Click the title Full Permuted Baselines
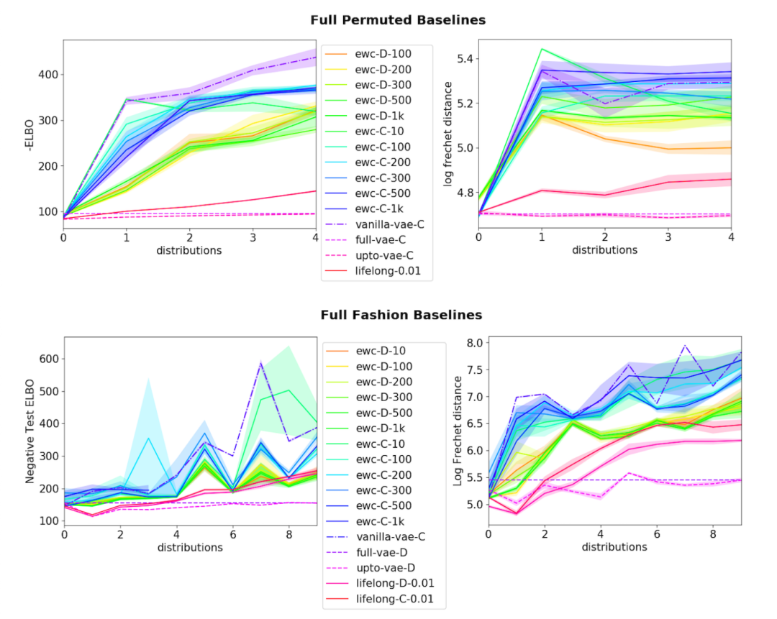tap(398, 20)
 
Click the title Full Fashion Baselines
tap(401, 315)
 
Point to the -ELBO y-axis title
tap(29, 132)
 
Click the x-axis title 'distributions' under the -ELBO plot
tap(189, 250)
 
